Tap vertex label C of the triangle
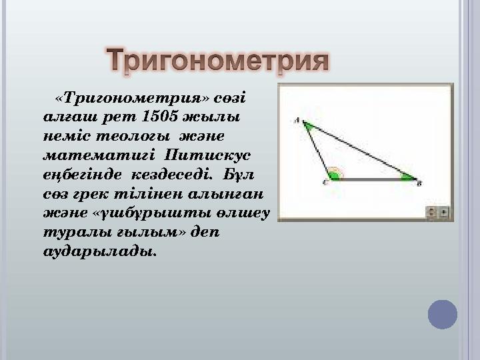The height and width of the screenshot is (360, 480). (x=325, y=181)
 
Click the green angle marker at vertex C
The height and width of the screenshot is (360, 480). (x=334, y=176)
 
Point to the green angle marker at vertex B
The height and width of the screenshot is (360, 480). (x=407, y=177)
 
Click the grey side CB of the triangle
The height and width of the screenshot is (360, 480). (x=373, y=179)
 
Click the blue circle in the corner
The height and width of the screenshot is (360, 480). (x=443, y=314)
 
